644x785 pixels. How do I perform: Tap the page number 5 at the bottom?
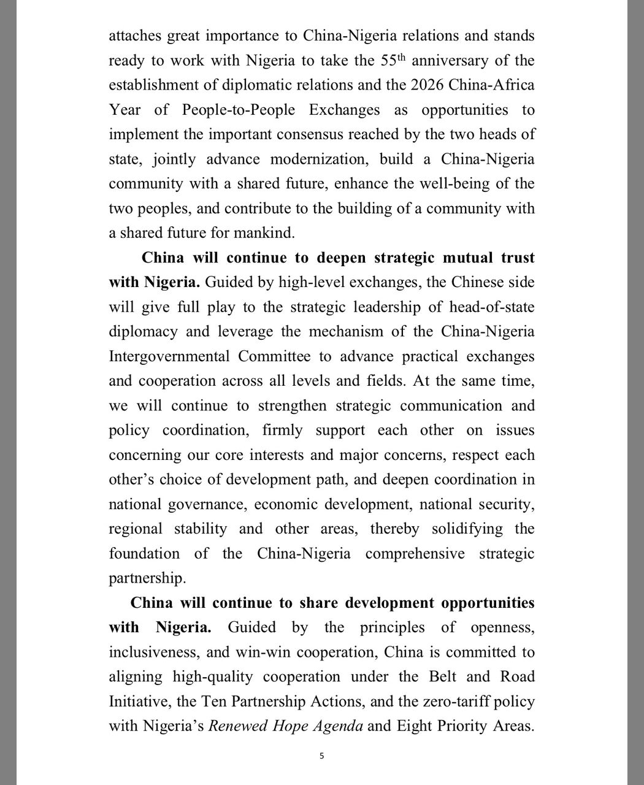pos(321,756)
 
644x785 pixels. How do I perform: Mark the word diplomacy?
pos(143,332)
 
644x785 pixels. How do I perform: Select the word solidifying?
pos(467,529)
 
